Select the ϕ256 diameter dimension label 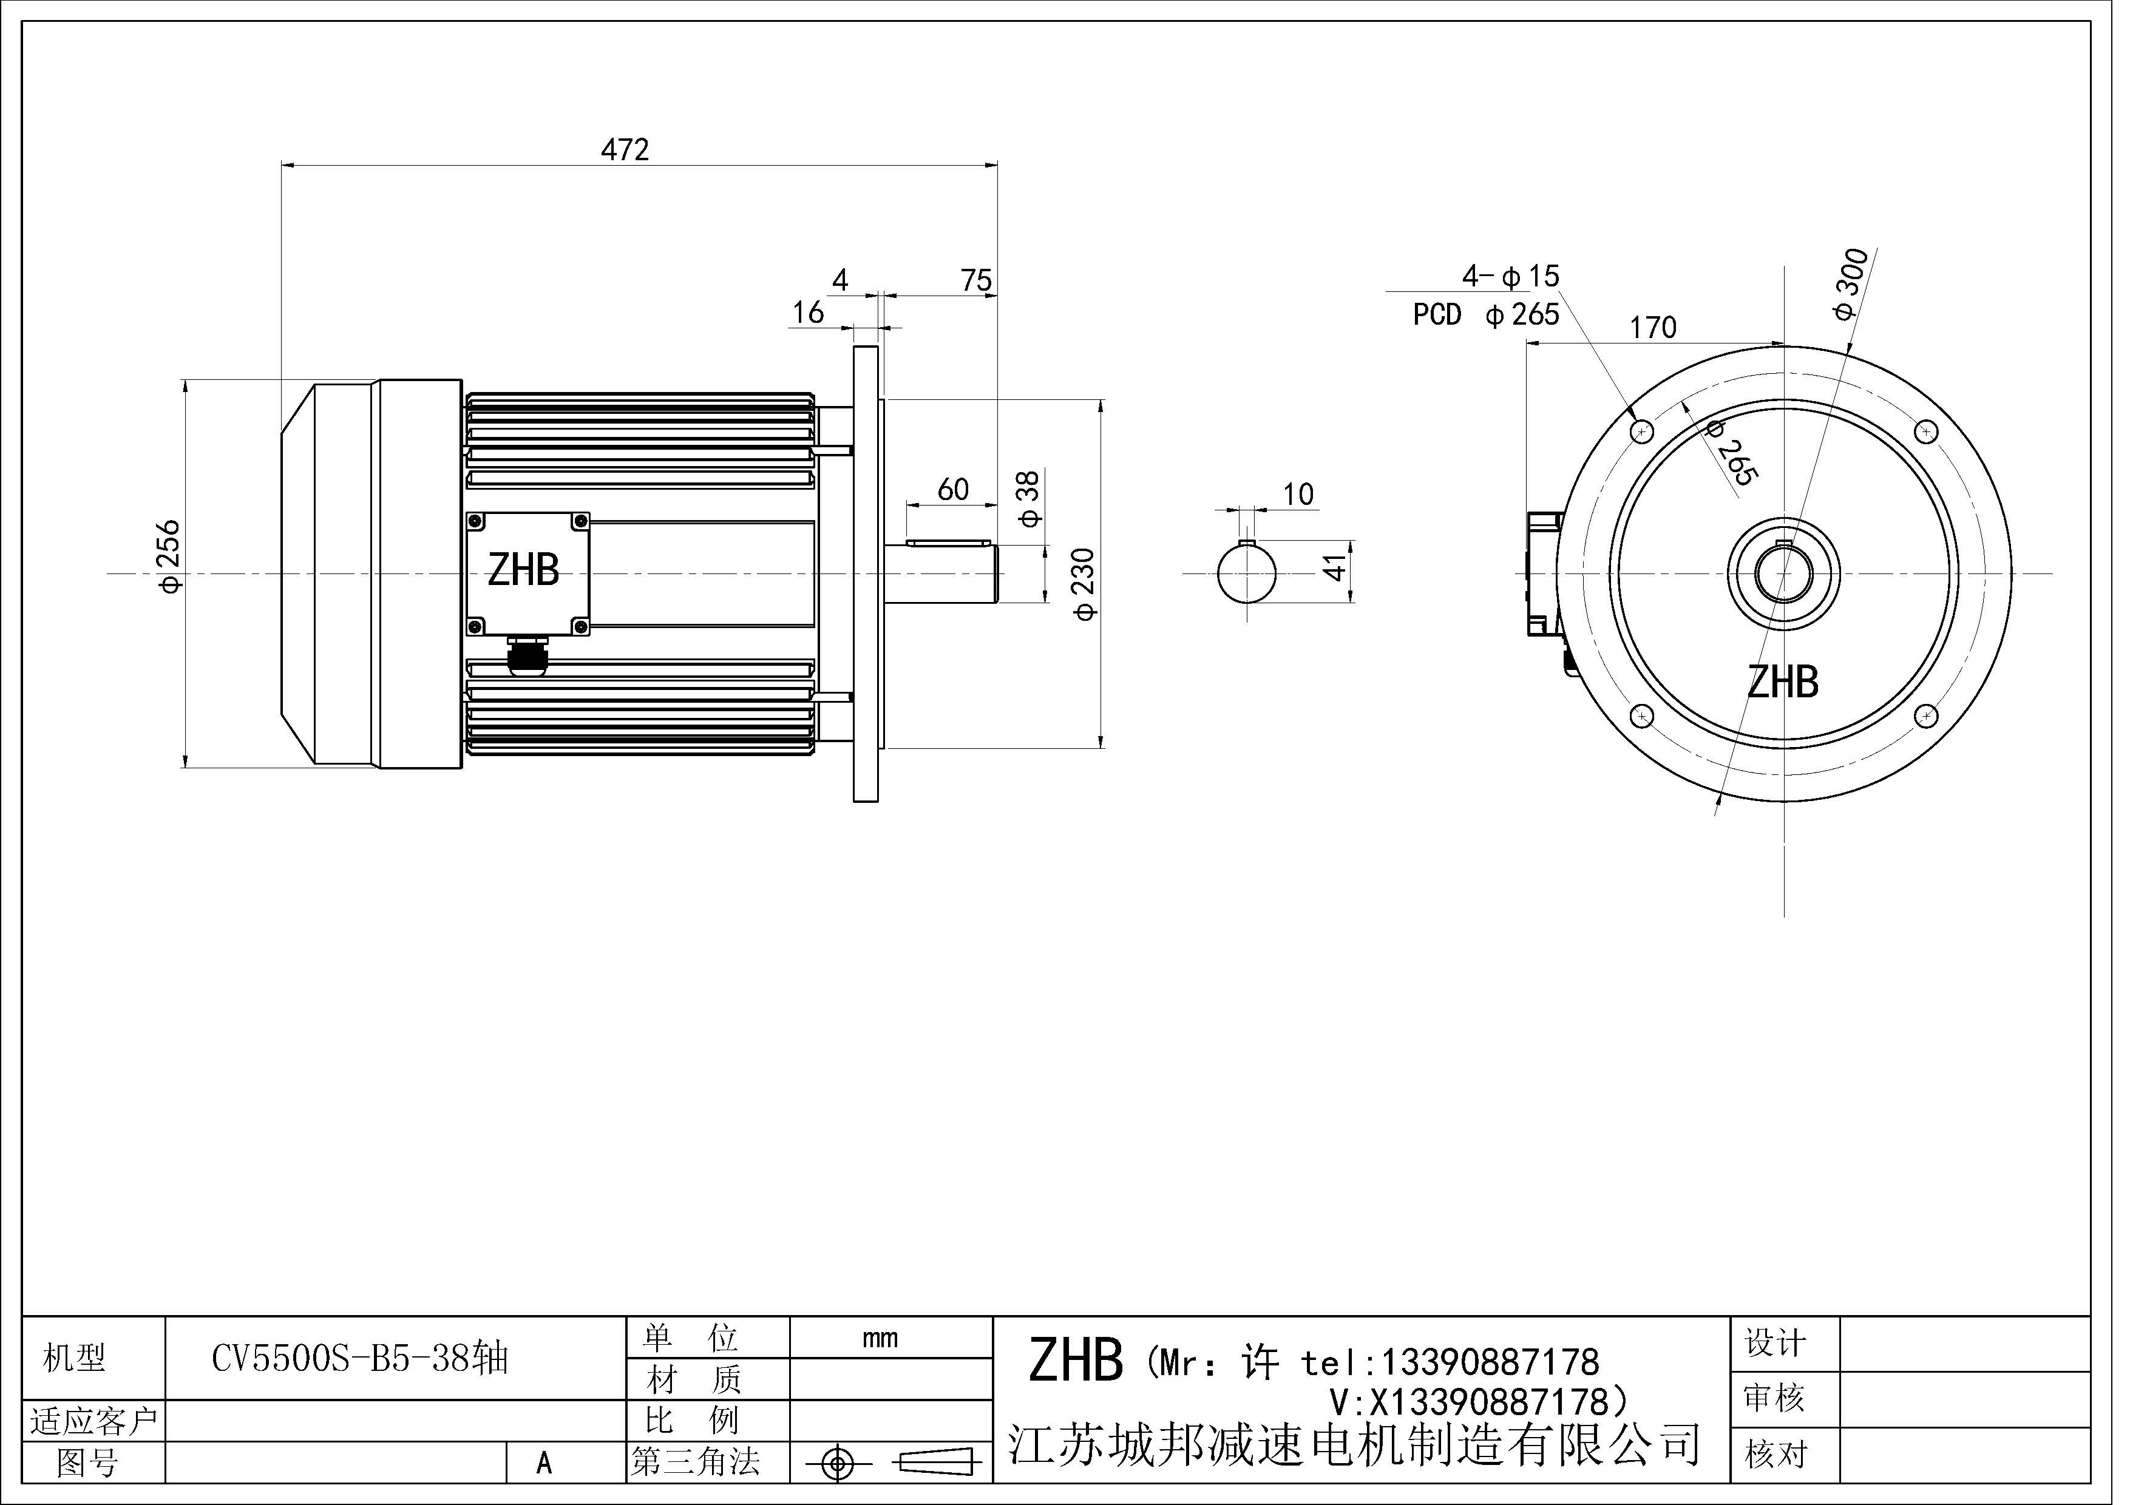[x=171, y=556]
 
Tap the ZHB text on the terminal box [x=523, y=570]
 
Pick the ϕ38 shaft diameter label [x=1029, y=498]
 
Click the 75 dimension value [x=976, y=279]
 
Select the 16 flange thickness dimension [x=808, y=313]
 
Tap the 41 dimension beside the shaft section [x=1334, y=567]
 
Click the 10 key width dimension [x=1298, y=494]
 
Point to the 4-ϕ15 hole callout [x=1510, y=276]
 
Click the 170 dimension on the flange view [x=1653, y=327]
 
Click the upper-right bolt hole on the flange [x=1927, y=432]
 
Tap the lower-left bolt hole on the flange [x=1642, y=716]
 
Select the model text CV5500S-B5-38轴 [x=360, y=1359]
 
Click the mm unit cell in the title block [x=880, y=1338]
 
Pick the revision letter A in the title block [x=544, y=1463]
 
